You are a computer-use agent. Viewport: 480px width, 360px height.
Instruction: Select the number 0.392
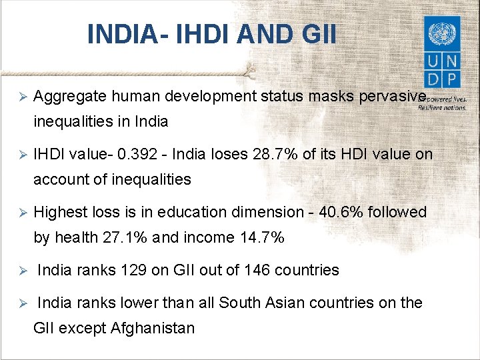click(139, 155)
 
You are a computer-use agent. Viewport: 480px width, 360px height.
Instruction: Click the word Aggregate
click(70, 97)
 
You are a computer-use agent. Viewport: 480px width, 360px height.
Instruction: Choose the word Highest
click(59, 212)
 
